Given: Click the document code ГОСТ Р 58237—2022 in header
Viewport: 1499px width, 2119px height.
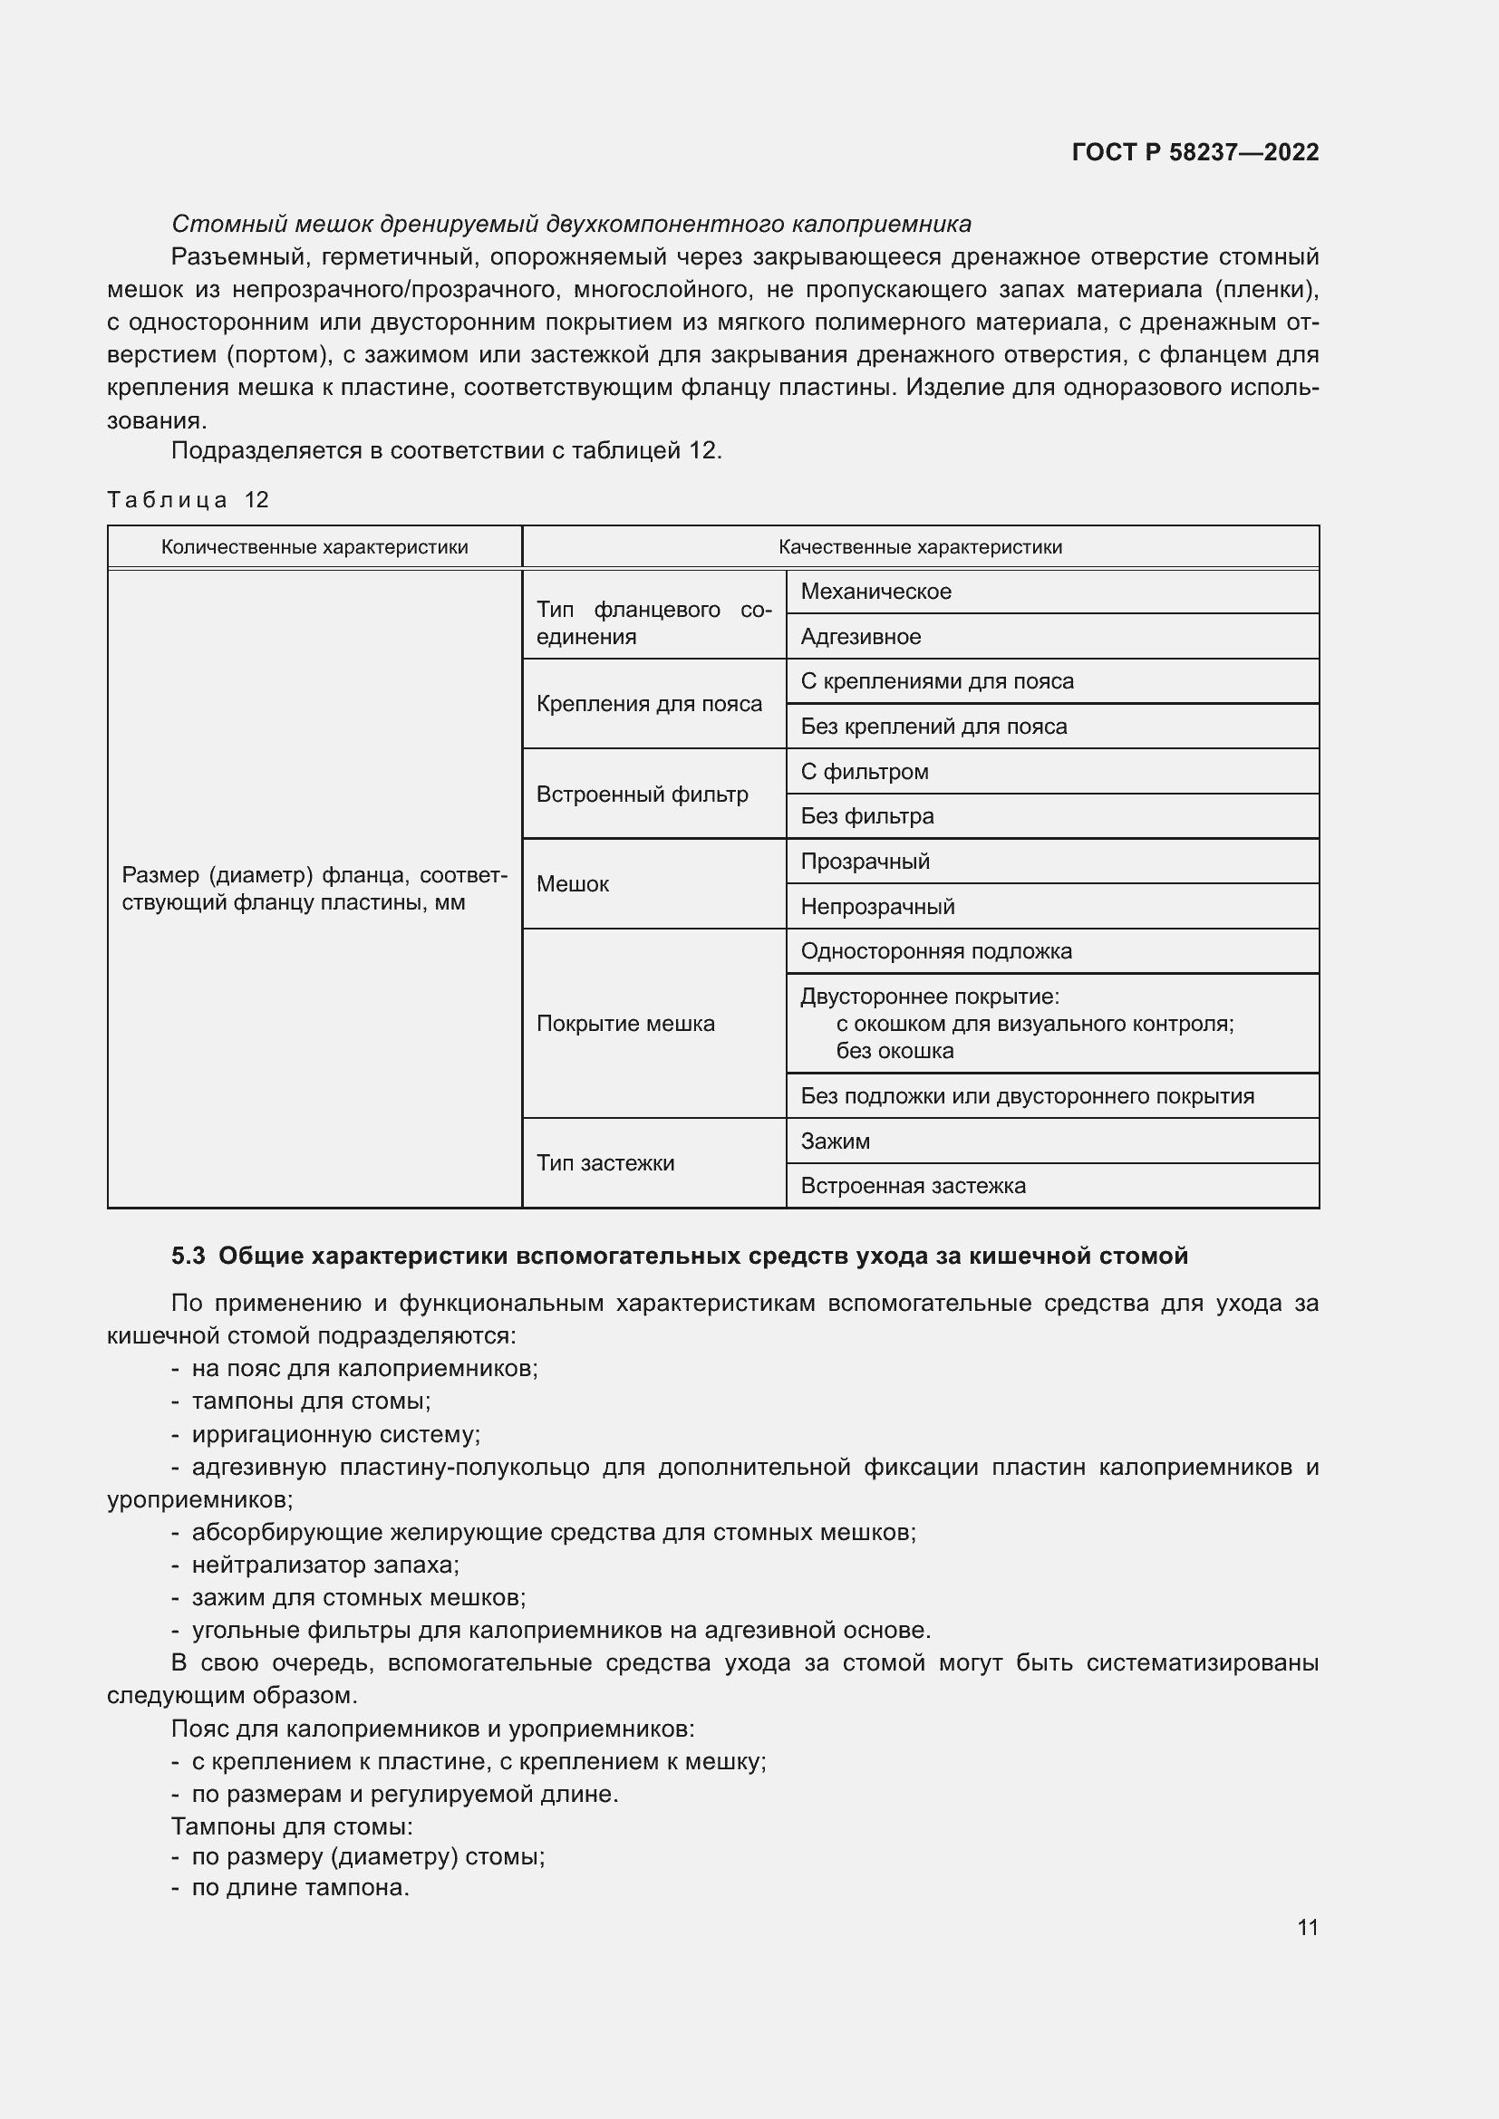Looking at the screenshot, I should point(1194,152).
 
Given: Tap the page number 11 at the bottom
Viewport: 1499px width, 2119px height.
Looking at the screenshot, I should point(1307,1927).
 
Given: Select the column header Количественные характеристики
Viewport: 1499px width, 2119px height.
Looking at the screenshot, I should point(314,547).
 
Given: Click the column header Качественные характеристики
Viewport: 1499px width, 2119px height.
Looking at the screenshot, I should point(919,547).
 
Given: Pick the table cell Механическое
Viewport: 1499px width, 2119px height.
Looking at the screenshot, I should point(875,592).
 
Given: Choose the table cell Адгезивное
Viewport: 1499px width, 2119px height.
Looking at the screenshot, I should point(860,637).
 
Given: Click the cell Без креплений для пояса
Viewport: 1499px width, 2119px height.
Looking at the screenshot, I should point(933,727).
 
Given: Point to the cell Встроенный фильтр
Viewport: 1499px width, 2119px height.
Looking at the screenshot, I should point(642,794).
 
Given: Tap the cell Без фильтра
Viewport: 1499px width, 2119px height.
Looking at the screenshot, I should point(866,816).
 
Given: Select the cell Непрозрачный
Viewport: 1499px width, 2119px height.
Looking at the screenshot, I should point(877,906).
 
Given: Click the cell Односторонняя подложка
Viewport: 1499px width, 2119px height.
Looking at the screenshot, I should point(936,950).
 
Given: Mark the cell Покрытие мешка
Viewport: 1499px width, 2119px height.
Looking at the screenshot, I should point(625,1024).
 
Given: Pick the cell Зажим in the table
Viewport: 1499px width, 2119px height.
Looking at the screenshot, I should point(835,1141).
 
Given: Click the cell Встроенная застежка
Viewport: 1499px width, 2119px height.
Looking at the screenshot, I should point(913,1186).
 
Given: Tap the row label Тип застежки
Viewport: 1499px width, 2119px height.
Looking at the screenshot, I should point(604,1163).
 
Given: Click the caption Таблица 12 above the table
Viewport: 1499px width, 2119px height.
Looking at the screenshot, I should point(188,500).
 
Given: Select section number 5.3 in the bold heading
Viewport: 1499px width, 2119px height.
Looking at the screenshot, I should point(188,1256).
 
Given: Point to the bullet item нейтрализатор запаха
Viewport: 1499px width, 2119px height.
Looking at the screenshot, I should point(325,1565).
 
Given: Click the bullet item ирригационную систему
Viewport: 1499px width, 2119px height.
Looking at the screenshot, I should point(335,1434).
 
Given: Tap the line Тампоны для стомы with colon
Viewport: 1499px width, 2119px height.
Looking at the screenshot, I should point(292,1825).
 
